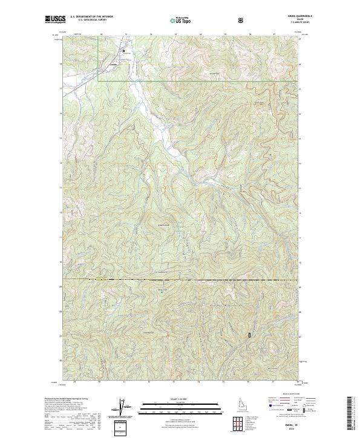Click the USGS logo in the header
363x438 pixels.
coord(55,20)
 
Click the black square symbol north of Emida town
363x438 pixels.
coord(125,51)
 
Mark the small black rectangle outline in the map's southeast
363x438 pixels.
coord(248,334)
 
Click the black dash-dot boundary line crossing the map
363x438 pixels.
coord(181,280)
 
